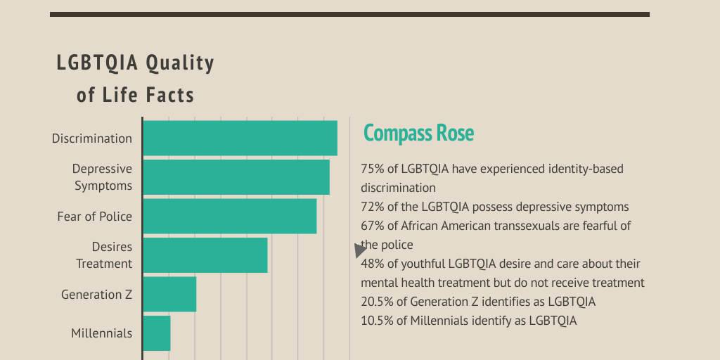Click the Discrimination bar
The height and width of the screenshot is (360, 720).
(240, 138)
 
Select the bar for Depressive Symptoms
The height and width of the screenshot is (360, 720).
(236, 177)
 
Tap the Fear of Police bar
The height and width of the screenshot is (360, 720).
(229, 216)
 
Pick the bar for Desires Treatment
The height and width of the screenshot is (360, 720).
(205, 255)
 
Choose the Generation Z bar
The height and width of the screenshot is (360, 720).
(169, 294)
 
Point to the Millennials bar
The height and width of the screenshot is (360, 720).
(157, 333)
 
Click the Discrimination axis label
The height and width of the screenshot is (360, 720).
(91, 139)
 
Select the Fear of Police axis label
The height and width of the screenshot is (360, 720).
(94, 217)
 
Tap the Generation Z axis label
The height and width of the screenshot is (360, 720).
(96, 295)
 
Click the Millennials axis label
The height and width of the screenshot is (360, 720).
(101, 333)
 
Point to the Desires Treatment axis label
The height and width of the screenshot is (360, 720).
(104, 255)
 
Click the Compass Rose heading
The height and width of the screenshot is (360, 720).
(418, 133)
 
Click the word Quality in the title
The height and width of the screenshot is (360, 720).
(179, 63)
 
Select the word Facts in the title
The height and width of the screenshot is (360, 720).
(170, 94)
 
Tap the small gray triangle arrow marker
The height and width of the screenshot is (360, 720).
(360, 250)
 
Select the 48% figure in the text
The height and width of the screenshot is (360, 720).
(373, 264)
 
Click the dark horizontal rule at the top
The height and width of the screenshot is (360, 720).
(349, 14)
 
